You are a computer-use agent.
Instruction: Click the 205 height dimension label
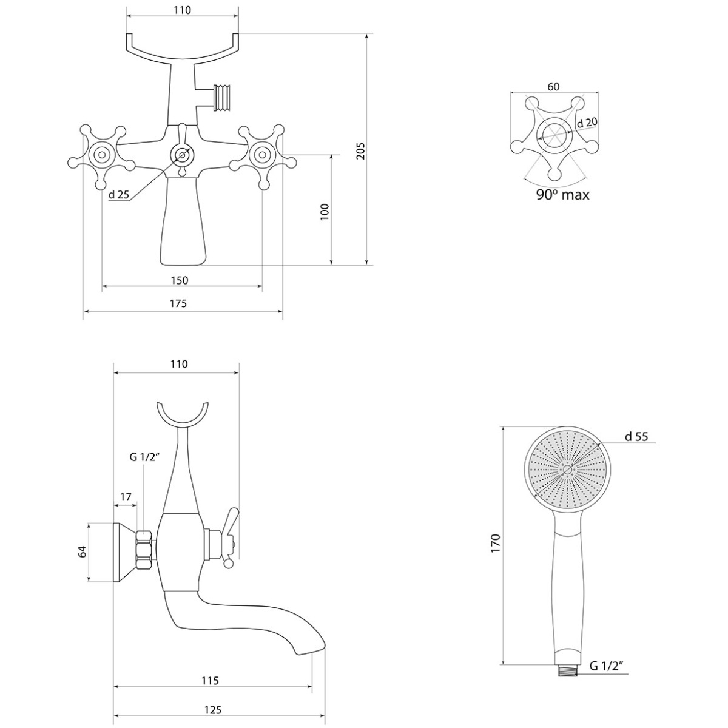pyautogui.click(x=362, y=150)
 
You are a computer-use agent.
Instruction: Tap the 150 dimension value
pyautogui.click(x=180, y=280)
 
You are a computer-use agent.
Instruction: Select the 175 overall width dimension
pyautogui.click(x=178, y=303)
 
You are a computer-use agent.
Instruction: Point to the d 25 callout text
pyautogui.click(x=119, y=195)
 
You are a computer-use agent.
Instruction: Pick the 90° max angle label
pyautogui.click(x=563, y=195)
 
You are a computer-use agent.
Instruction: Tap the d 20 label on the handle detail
pyautogui.click(x=587, y=123)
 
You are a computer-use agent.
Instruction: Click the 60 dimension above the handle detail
pyautogui.click(x=553, y=87)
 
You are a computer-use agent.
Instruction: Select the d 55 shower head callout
pyautogui.click(x=636, y=437)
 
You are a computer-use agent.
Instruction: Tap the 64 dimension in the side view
pyautogui.click(x=83, y=552)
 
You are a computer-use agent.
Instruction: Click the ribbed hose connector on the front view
pyautogui.click(x=223, y=98)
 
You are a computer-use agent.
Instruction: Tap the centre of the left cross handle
pyautogui.click(x=102, y=155)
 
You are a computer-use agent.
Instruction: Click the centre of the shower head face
pyautogui.click(x=567, y=470)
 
